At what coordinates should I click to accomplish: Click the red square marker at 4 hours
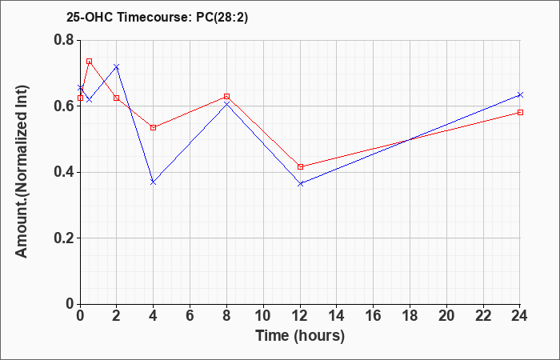click(154, 127)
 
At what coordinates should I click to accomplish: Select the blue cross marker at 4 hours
click(154, 182)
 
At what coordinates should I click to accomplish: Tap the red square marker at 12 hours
click(300, 166)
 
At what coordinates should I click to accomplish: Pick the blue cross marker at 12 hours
click(300, 183)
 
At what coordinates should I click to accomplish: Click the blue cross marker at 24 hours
click(520, 94)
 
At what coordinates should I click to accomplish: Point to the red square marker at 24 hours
click(520, 113)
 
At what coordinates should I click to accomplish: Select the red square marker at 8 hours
click(226, 97)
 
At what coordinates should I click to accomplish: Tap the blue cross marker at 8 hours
click(226, 104)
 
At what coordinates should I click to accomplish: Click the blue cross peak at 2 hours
click(117, 66)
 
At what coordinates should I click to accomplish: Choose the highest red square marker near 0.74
click(90, 62)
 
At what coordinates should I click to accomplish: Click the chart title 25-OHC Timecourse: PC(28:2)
click(157, 18)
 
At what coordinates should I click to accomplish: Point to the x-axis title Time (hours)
click(300, 336)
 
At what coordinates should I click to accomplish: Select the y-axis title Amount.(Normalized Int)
click(22, 171)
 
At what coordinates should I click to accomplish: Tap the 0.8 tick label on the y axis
click(64, 40)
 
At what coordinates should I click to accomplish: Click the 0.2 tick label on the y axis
click(64, 238)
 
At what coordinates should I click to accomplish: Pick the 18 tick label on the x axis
click(410, 316)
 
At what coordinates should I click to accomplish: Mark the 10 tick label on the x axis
click(263, 316)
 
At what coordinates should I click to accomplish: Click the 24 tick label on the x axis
click(519, 316)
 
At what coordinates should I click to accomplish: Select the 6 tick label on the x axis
click(190, 316)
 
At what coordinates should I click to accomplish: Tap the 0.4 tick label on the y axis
click(64, 172)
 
